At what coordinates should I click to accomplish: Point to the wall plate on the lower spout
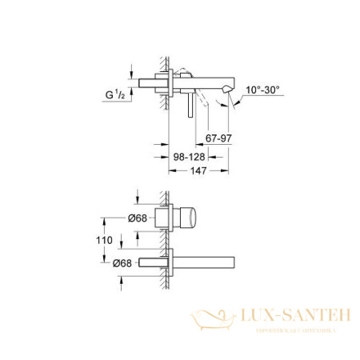click(170, 262)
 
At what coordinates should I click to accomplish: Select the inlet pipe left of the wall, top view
click(150, 84)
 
